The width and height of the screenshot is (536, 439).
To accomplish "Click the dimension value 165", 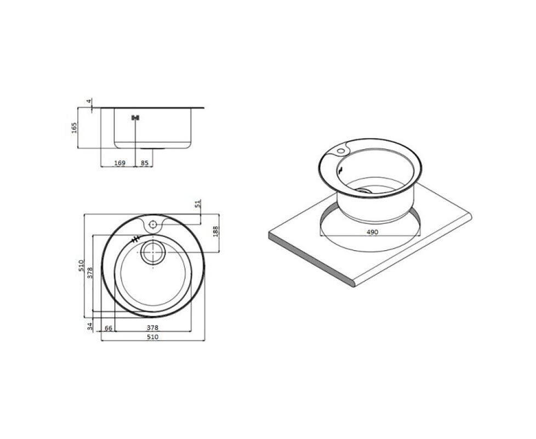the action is (74, 128).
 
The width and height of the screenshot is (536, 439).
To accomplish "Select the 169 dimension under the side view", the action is (119, 163).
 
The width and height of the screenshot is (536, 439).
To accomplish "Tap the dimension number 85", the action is (145, 163).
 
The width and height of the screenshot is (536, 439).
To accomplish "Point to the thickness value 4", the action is (89, 102).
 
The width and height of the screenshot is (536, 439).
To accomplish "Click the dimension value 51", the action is (197, 204).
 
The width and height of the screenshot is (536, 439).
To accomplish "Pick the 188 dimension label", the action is (215, 232).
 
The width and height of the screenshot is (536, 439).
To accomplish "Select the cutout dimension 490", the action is (372, 232).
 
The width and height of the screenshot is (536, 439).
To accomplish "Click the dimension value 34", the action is (90, 326).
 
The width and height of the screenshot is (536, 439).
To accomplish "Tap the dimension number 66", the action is (109, 328).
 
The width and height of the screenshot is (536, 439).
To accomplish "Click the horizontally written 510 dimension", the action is (153, 337).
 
